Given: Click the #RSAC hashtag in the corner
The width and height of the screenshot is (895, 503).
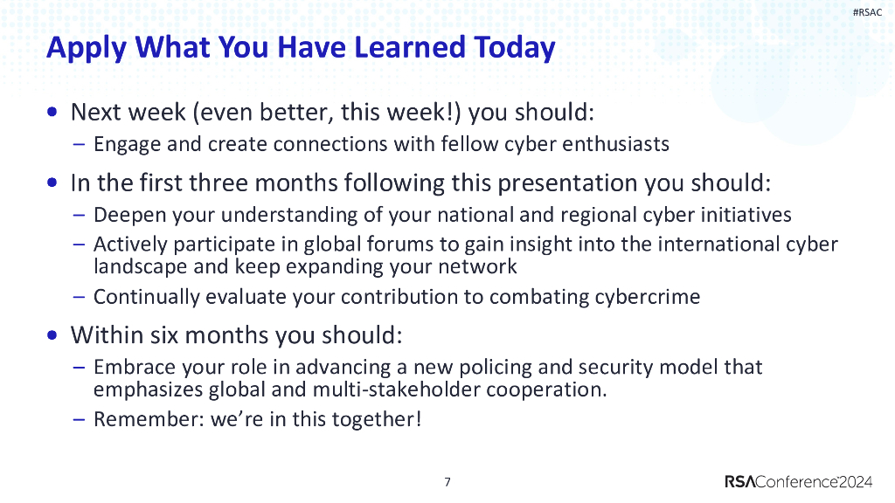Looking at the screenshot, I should point(866,12).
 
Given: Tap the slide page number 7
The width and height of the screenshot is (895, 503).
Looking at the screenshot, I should point(447,481).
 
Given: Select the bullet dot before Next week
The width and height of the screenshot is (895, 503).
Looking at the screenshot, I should point(55,113).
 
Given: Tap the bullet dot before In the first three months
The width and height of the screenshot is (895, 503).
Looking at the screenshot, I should point(55,183).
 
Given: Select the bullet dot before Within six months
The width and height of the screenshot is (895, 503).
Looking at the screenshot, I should point(55,335).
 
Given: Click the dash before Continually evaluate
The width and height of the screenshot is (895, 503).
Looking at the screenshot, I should point(78,297).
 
